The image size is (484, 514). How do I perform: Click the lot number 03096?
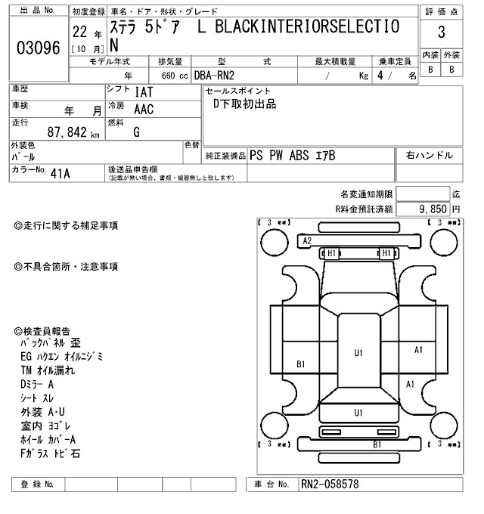click(38, 47)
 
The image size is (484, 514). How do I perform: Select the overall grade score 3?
click(441, 33)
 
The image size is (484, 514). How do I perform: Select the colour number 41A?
click(60, 173)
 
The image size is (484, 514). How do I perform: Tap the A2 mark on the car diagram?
click(308, 240)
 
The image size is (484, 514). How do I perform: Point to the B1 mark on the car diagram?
click(300, 364)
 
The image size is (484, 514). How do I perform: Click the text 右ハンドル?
click(430, 155)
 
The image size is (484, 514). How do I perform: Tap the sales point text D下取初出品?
click(245, 104)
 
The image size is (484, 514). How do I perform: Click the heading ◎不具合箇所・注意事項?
click(66, 267)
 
